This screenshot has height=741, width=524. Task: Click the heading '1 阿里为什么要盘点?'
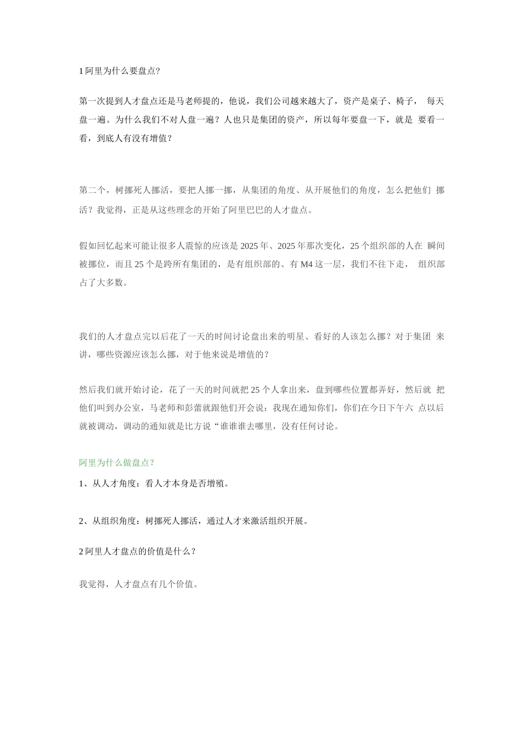point(120,71)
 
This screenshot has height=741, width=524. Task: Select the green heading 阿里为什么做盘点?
point(116,463)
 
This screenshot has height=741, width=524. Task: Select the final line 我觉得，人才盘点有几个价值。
point(138,584)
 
